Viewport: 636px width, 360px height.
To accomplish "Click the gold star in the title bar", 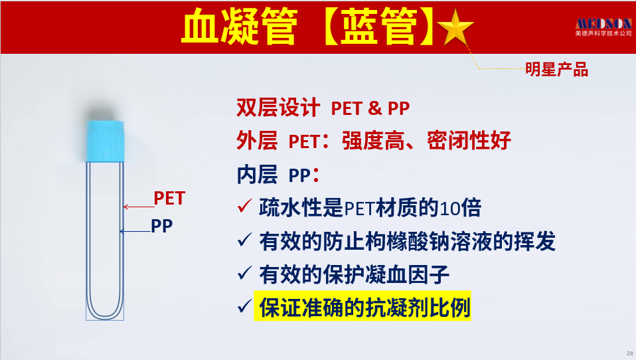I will point(455,28).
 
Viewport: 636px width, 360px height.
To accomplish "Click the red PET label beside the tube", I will point(169,199).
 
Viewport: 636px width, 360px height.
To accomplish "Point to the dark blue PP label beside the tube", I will point(162,226).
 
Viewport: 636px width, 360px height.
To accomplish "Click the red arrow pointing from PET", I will point(138,207).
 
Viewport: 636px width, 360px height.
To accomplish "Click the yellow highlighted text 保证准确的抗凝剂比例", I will point(362,307).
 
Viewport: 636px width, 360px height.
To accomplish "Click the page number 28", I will point(629,353).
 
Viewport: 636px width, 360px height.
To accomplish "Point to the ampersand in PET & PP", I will point(376,108).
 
